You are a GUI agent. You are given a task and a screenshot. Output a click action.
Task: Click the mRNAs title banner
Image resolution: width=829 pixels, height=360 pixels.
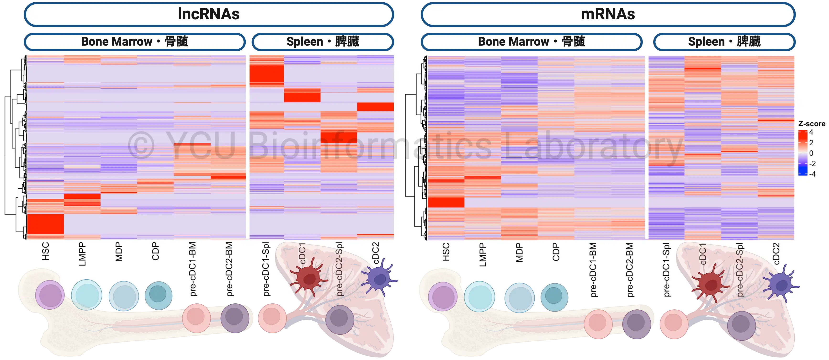[x=608, y=14]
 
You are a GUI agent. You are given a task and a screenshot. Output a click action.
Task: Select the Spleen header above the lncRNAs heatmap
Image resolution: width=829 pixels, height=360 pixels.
[x=323, y=42]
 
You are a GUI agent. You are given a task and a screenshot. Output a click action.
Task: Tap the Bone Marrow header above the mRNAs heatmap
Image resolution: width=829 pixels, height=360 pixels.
[x=531, y=42]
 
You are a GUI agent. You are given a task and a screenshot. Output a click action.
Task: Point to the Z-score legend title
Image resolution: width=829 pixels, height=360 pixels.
[x=812, y=124]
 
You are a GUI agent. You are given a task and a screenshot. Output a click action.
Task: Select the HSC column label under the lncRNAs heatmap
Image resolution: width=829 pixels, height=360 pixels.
[x=46, y=251]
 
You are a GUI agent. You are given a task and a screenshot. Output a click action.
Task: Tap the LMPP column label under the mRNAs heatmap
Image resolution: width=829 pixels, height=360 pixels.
[x=483, y=255]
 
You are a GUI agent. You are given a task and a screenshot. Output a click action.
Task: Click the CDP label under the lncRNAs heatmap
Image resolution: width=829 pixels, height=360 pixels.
[x=156, y=251]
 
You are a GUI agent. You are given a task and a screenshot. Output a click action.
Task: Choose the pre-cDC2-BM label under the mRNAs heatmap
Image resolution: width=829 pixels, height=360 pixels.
[x=630, y=270]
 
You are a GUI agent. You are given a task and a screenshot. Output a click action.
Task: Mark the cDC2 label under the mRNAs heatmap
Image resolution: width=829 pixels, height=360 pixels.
[x=776, y=254]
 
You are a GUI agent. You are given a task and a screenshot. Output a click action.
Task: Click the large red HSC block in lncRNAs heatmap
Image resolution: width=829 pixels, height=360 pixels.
[x=45, y=224]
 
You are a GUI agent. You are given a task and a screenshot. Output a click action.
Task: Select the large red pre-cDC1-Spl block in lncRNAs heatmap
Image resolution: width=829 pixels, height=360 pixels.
[x=266, y=74]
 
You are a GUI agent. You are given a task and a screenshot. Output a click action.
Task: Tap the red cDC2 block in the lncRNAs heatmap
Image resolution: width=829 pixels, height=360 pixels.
[x=375, y=107]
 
